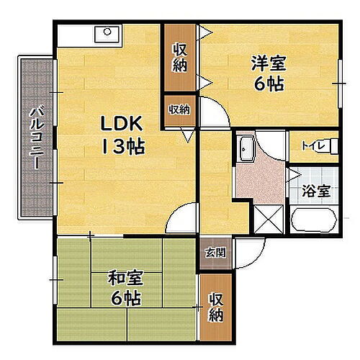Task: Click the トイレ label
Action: [x=311, y=147]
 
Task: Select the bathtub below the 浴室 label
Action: [x=312, y=220]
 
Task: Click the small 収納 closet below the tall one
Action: [x=179, y=110]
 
